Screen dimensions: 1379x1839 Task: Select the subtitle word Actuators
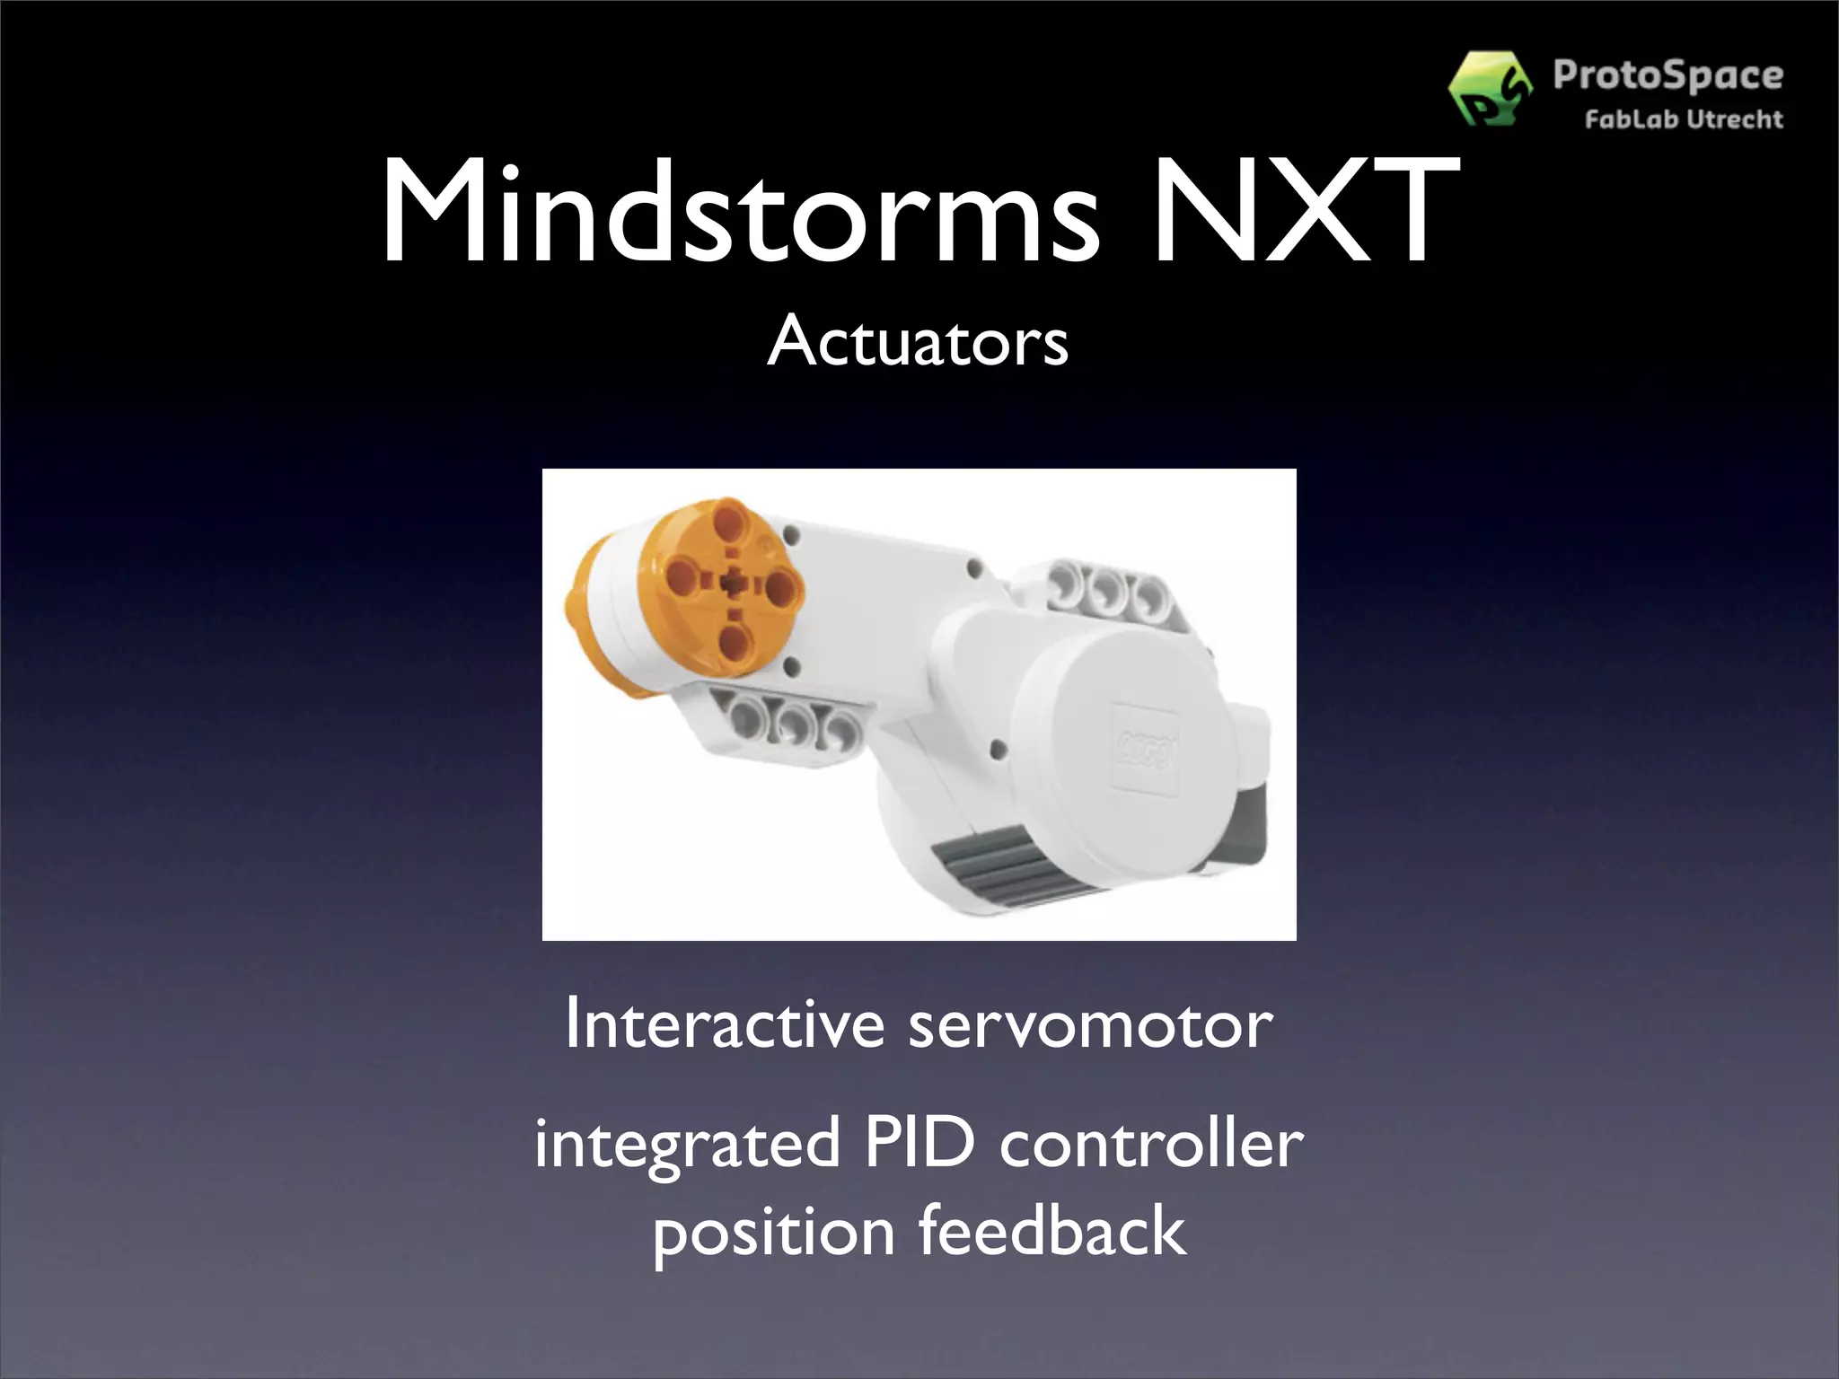point(918,342)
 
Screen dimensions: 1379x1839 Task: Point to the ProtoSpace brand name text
point(1667,75)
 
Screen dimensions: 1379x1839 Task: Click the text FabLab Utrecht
point(1683,119)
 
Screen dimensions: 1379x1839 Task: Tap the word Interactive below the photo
point(725,1023)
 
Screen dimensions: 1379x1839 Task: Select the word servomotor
point(1090,1025)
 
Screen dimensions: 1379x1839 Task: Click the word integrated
point(687,1144)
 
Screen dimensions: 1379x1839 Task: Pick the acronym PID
point(919,1142)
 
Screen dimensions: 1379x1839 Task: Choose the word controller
point(1151,1142)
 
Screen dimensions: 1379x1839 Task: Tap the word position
point(773,1233)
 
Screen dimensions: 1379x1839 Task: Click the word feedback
point(1051,1231)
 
